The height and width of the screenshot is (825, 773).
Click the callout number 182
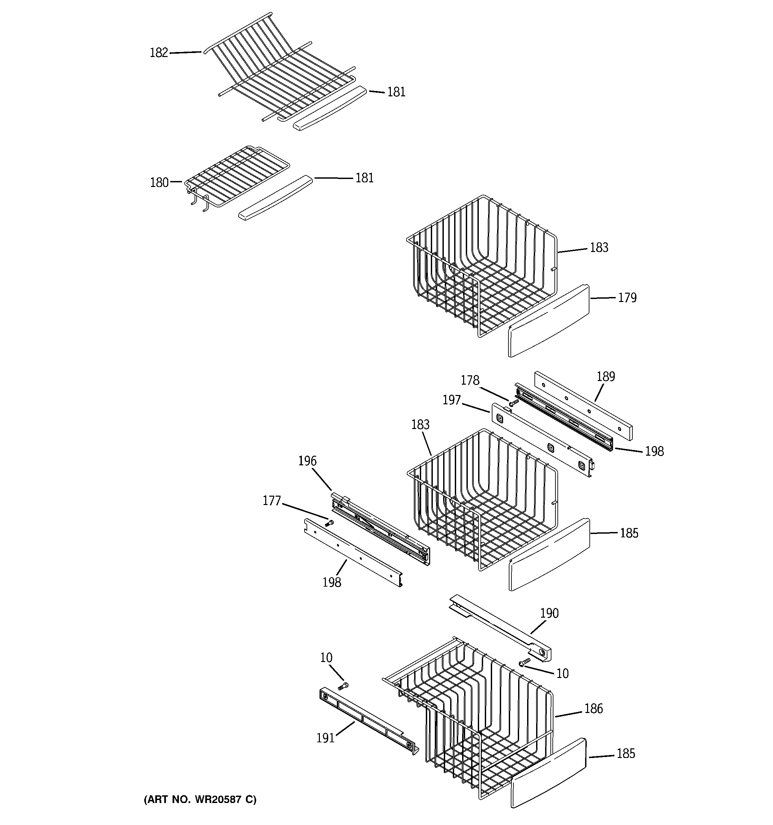159,53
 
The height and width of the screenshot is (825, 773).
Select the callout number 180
159,183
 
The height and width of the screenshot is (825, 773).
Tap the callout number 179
627,298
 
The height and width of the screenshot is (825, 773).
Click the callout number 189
605,376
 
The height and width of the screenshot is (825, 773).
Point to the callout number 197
451,400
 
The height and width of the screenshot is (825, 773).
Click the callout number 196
307,461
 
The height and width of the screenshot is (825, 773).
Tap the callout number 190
549,613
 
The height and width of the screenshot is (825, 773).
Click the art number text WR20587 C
200,799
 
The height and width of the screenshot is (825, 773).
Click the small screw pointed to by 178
514,402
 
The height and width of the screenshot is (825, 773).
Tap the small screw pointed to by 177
330,523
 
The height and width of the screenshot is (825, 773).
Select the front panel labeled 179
548,321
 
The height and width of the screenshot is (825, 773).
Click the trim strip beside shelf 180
275,198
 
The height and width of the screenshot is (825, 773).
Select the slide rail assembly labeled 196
381,527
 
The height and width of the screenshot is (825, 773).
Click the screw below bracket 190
524,662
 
